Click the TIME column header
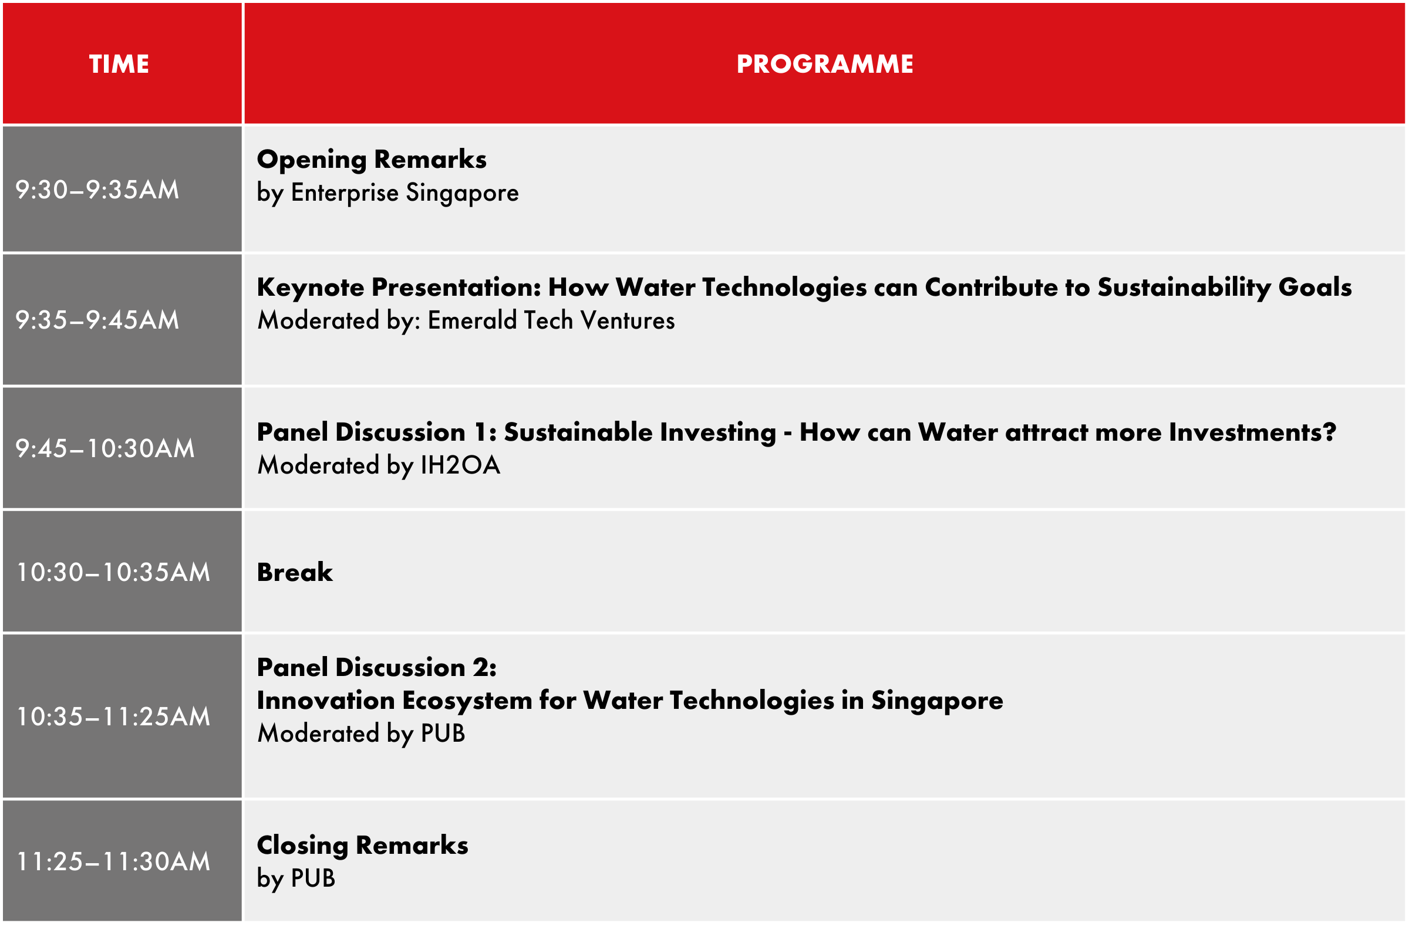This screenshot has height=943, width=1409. (x=119, y=64)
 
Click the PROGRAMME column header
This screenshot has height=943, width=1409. (x=825, y=64)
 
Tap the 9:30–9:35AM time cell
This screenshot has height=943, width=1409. (x=97, y=190)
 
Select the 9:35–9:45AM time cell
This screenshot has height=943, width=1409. (x=97, y=320)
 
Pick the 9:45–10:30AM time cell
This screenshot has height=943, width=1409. (x=105, y=448)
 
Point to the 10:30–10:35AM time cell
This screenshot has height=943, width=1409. (x=113, y=572)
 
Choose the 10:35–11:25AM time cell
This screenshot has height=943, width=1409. (x=113, y=716)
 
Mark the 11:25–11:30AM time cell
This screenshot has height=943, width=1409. (x=113, y=861)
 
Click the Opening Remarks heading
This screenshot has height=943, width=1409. (x=372, y=160)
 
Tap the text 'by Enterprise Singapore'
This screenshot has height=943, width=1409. (x=388, y=193)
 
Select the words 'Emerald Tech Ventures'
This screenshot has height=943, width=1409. (x=551, y=320)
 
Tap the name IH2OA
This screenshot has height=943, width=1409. (x=460, y=465)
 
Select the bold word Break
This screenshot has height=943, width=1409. (x=295, y=572)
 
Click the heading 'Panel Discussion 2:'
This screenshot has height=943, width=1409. (x=377, y=668)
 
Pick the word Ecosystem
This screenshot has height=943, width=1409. (x=467, y=701)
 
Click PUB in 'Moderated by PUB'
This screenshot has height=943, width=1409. (x=443, y=734)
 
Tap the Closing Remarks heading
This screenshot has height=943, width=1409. (x=363, y=846)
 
